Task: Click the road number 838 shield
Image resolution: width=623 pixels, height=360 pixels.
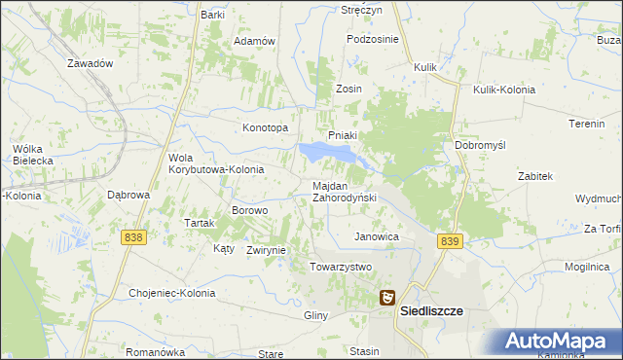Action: (x=134, y=236)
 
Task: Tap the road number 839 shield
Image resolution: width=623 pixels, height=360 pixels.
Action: (x=449, y=241)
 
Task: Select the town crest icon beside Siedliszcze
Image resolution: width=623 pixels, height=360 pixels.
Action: (x=387, y=300)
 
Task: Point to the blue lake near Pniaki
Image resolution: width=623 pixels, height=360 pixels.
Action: (x=326, y=152)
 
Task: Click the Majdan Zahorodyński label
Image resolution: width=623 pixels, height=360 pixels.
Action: (x=344, y=191)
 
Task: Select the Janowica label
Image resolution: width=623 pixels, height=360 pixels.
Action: (x=377, y=236)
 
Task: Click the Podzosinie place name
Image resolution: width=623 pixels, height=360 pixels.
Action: (x=373, y=39)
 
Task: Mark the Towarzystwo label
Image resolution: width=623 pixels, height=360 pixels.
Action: (x=341, y=267)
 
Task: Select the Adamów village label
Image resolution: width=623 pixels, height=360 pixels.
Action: (x=255, y=42)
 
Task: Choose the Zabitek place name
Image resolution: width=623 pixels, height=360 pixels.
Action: (x=535, y=176)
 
